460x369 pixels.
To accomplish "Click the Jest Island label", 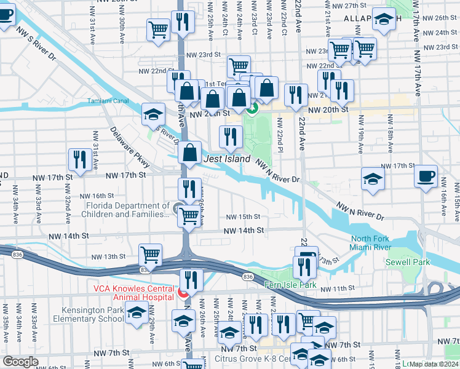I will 227,159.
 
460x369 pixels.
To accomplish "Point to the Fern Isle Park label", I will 290,285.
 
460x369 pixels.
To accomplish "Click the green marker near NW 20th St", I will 252,110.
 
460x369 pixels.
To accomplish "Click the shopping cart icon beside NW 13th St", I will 150,254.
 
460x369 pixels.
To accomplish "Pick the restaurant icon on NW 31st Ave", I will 80,159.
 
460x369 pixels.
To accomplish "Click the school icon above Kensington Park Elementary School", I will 137,312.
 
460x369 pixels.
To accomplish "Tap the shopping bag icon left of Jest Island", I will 191,151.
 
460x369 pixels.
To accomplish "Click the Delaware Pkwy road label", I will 130,147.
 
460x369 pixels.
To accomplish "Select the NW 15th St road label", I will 243,217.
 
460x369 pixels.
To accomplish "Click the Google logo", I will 21,362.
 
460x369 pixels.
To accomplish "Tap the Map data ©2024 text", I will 434,364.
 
